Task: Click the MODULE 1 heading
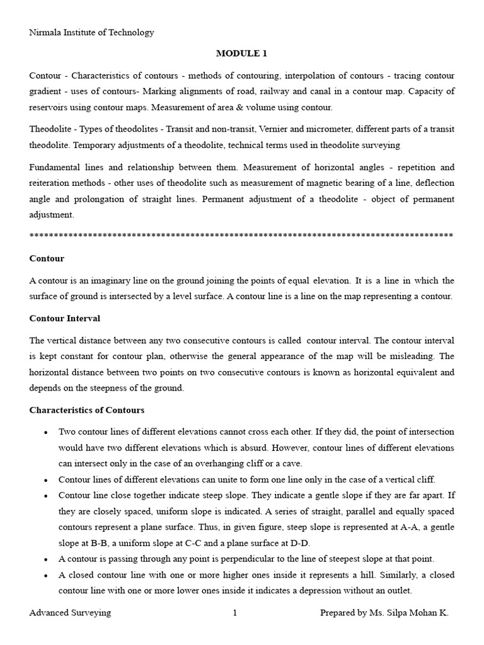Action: point(242,54)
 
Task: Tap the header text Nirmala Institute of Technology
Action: point(91,32)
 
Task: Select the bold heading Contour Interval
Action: point(65,318)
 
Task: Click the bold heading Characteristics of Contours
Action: point(87,410)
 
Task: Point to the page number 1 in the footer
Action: point(234,612)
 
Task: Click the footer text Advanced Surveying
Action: point(70,612)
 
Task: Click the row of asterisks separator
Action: point(241,236)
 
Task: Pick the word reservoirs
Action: point(50,107)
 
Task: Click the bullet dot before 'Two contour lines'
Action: point(45,433)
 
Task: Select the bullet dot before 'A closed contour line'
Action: point(45,575)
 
